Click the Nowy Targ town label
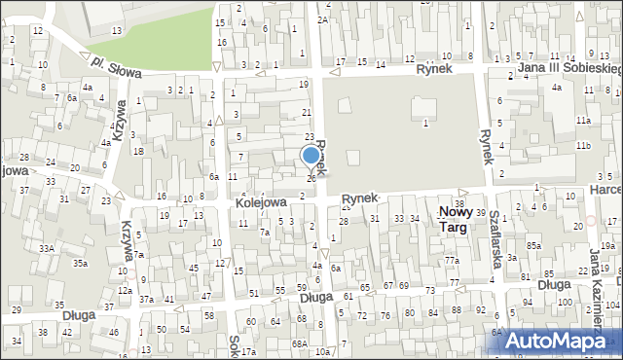tap(454, 218)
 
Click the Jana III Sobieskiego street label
tap(570, 69)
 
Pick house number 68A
tap(300, 343)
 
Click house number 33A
tap(46, 248)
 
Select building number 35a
tap(82, 263)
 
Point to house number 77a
tap(452, 261)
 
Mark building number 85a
tap(533, 245)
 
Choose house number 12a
tap(125, 290)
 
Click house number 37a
tap(145, 299)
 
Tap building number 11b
tap(582, 145)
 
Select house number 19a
tap(607, 246)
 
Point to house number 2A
tap(322, 18)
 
